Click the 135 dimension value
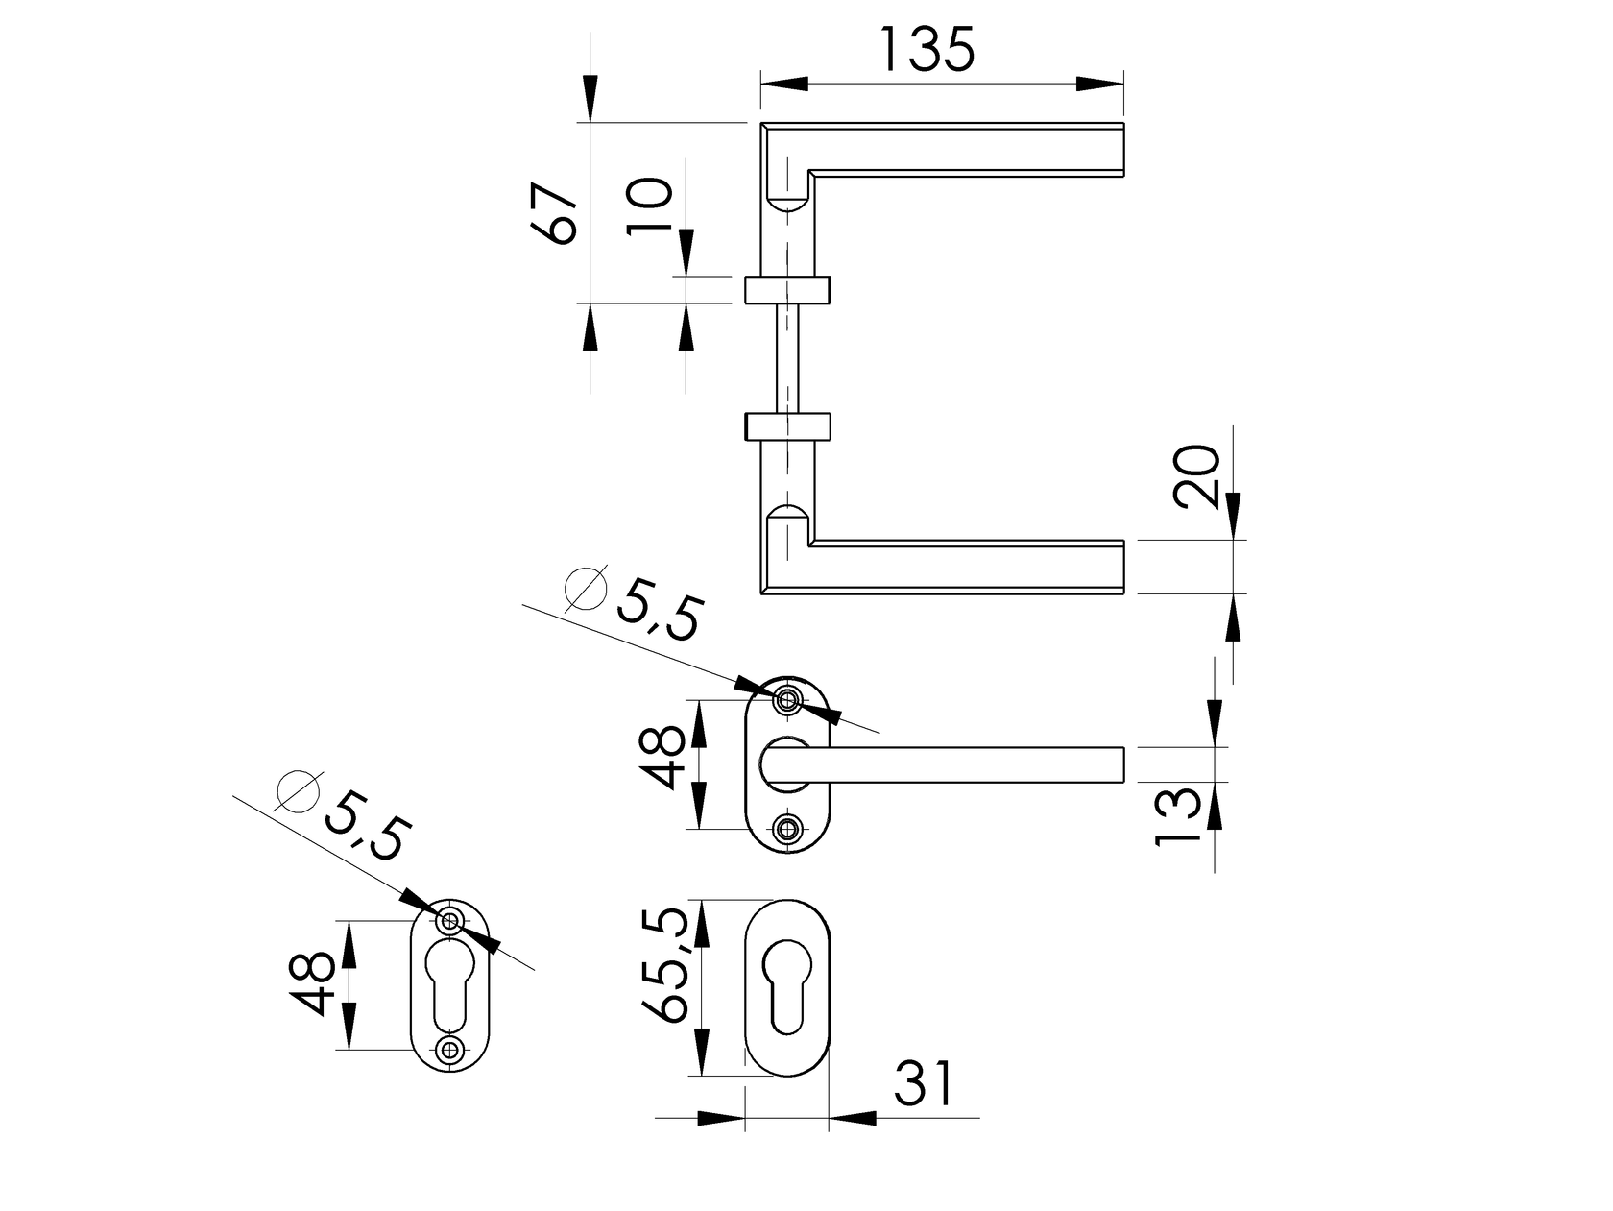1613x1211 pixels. (x=927, y=50)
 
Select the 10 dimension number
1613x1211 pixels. (x=650, y=206)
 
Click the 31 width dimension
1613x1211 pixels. (x=925, y=1084)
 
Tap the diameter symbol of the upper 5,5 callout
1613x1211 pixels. (x=587, y=588)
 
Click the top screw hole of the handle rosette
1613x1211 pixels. (x=789, y=699)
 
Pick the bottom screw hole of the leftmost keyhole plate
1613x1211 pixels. (x=449, y=1049)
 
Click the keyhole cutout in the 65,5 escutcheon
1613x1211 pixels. (x=787, y=987)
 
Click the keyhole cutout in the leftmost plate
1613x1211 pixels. (x=449, y=984)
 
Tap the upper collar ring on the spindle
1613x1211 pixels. (x=787, y=288)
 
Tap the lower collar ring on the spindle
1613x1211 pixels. (x=787, y=425)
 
